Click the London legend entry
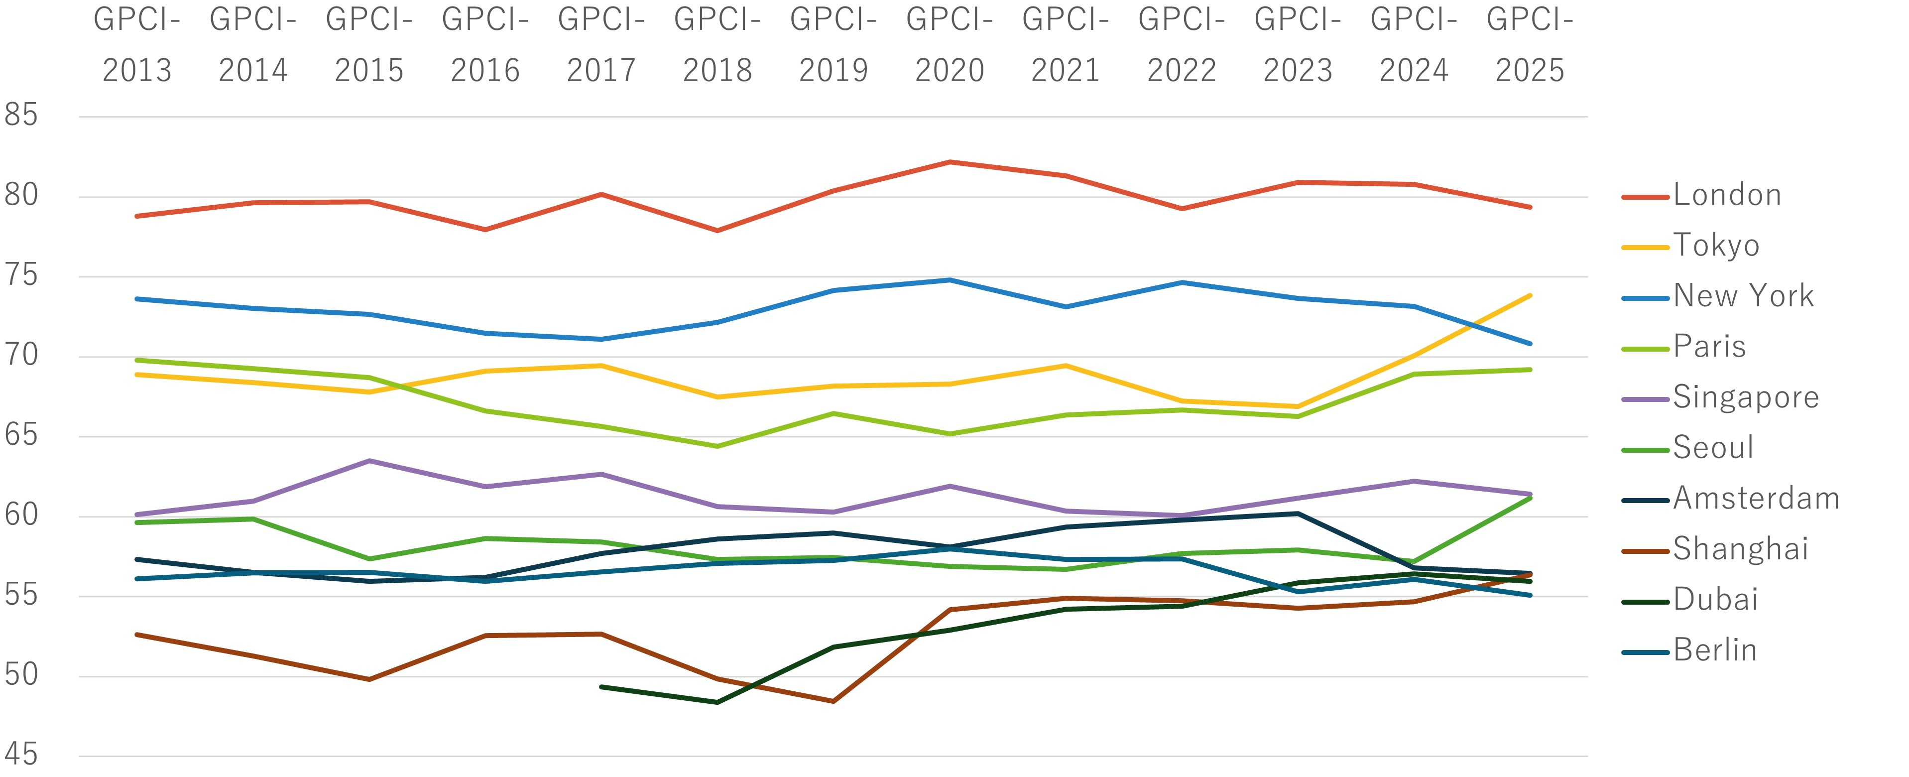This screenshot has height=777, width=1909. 1727,195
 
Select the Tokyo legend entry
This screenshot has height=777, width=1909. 1716,246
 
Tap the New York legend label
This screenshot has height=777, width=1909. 1743,296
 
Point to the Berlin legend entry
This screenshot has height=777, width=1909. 1715,650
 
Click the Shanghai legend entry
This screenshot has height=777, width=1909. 1740,549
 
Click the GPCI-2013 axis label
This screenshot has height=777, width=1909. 137,44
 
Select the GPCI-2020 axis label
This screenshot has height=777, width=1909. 950,44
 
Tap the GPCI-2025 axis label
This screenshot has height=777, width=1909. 1530,44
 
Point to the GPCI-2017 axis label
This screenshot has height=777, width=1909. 601,44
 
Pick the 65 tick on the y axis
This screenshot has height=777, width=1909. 21,435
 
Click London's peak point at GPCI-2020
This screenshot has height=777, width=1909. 950,162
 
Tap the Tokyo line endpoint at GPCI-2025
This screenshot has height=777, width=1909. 1530,296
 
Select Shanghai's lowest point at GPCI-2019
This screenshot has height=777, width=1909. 834,701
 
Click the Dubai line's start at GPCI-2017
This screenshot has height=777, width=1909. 601,686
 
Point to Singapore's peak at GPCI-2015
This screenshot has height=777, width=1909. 369,460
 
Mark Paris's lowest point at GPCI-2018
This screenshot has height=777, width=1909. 717,446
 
